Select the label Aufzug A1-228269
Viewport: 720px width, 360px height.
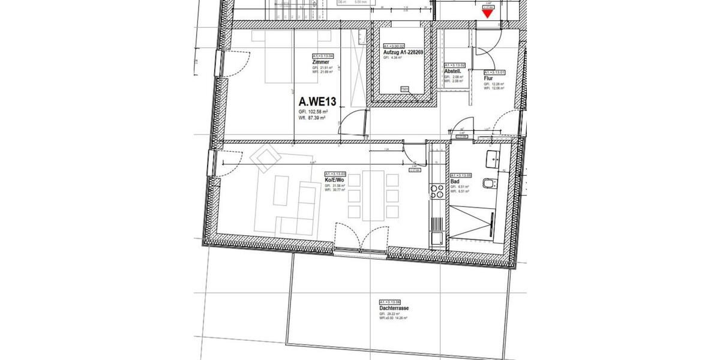point(406,52)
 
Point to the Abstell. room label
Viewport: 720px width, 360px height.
point(452,71)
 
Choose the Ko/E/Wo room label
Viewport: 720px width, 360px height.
point(334,179)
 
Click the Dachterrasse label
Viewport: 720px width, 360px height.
point(394,308)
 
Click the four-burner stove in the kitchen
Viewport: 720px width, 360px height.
point(436,192)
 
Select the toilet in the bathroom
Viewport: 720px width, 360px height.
point(491,185)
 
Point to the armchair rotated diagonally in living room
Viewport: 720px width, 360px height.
point(265,158)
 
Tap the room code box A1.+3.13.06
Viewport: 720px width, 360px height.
point(391,302)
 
